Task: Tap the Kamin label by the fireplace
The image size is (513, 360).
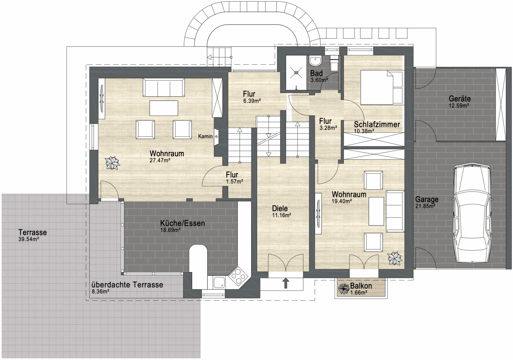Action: pyautogui.click(x=205, y=136)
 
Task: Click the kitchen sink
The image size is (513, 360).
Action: pyautogui.click(x=219, y=282)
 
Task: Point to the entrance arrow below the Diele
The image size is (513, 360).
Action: pyautogui.click(x=286, y=283)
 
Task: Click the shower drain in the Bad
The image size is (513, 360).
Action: pyautogui.click(x=296, y=72)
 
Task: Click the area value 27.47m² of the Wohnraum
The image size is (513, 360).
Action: pyautogui.click(x=160, y=160)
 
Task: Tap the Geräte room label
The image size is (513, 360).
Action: pyautogui.click(x=460, y=99)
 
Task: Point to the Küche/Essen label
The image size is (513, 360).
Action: pyautogui.click(x=182, y=223)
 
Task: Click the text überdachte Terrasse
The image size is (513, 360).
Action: pyautogui.click(x=127, y=285)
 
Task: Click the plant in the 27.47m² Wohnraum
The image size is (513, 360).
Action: pyautogui.click(x=112, y=163)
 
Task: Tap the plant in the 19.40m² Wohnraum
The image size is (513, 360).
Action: pyautogui.click(x=395, y=258)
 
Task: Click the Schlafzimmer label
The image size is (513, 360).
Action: pyautogui.click(x=377, y=124)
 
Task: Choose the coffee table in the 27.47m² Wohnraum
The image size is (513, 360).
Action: pyautogui.click(x=164, y=108)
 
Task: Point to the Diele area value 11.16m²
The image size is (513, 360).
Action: pyautogui.click(x=281, y=215)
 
